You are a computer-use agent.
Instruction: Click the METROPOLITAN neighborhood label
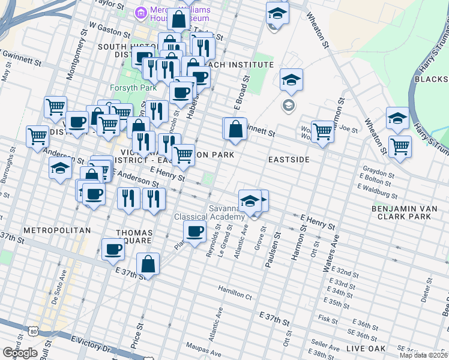click(x=56, y=230)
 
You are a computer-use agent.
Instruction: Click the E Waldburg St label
click(x=377, y=191)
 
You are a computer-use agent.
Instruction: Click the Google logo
click(x=20, y=353)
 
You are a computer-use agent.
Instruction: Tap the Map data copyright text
click(x=424, y=355)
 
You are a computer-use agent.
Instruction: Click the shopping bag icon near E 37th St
click(x=148, y=263)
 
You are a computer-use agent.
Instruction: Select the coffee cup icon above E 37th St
click(x=113, y=249)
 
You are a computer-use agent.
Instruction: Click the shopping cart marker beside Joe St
click(x=323, y=132)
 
